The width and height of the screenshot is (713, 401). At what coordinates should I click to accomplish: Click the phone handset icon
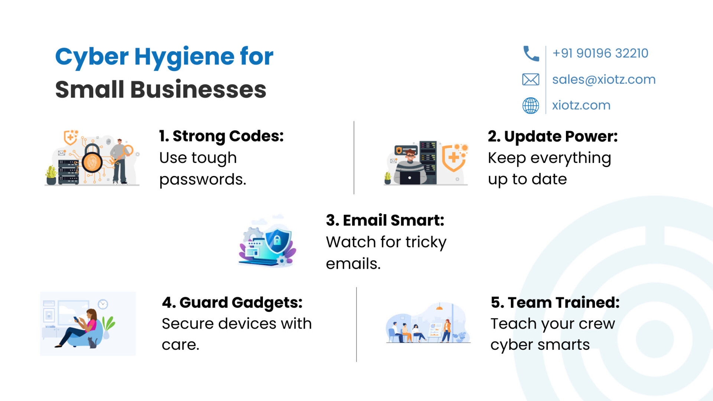(531, 53)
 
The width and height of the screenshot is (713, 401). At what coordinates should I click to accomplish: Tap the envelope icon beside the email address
(531, 79)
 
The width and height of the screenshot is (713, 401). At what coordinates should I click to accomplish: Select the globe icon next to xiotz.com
(531, 105)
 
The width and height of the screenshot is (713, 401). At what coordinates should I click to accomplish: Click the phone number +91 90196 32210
(600, 53)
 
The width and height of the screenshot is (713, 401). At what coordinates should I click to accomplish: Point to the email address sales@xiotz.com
(604, 79)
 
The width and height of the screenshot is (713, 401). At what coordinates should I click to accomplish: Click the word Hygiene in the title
(184, 58)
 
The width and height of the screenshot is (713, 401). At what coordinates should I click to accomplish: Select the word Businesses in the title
(198, 89)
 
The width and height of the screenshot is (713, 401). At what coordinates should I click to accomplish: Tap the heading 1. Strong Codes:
(221, 136)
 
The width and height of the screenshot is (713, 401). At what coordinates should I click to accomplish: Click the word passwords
(203, 180)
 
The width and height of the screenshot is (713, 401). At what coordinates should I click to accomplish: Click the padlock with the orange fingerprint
(92, 159)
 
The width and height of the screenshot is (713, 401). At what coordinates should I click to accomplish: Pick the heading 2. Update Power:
(553, 137)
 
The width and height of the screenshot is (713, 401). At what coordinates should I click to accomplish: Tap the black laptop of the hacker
(410, 178)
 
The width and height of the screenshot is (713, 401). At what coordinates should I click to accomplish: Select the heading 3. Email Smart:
(385, 220)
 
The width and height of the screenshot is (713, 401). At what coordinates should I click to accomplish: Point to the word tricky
(426, 242)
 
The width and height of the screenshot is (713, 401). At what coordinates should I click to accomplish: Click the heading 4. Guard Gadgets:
(232, 303)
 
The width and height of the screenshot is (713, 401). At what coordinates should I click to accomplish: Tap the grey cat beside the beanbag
(92, 342)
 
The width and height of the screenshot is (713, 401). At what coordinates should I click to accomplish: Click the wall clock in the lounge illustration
(103, 304)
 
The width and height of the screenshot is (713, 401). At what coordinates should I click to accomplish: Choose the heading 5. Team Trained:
(555, 303)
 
